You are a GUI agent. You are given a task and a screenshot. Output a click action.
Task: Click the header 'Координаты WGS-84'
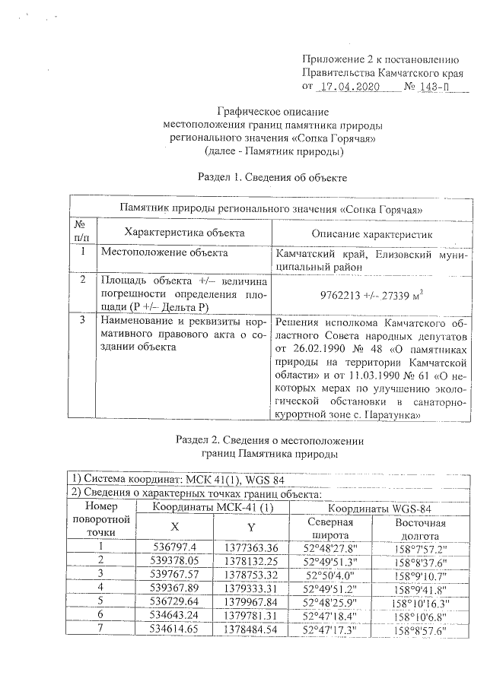tap(378, 507)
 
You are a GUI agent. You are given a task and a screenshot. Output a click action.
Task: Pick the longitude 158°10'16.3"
tap(420, 601)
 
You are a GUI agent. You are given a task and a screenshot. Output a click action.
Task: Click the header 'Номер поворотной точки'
tap(99, 518)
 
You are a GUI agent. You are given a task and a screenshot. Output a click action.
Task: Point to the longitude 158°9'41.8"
tap(420, 588)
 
